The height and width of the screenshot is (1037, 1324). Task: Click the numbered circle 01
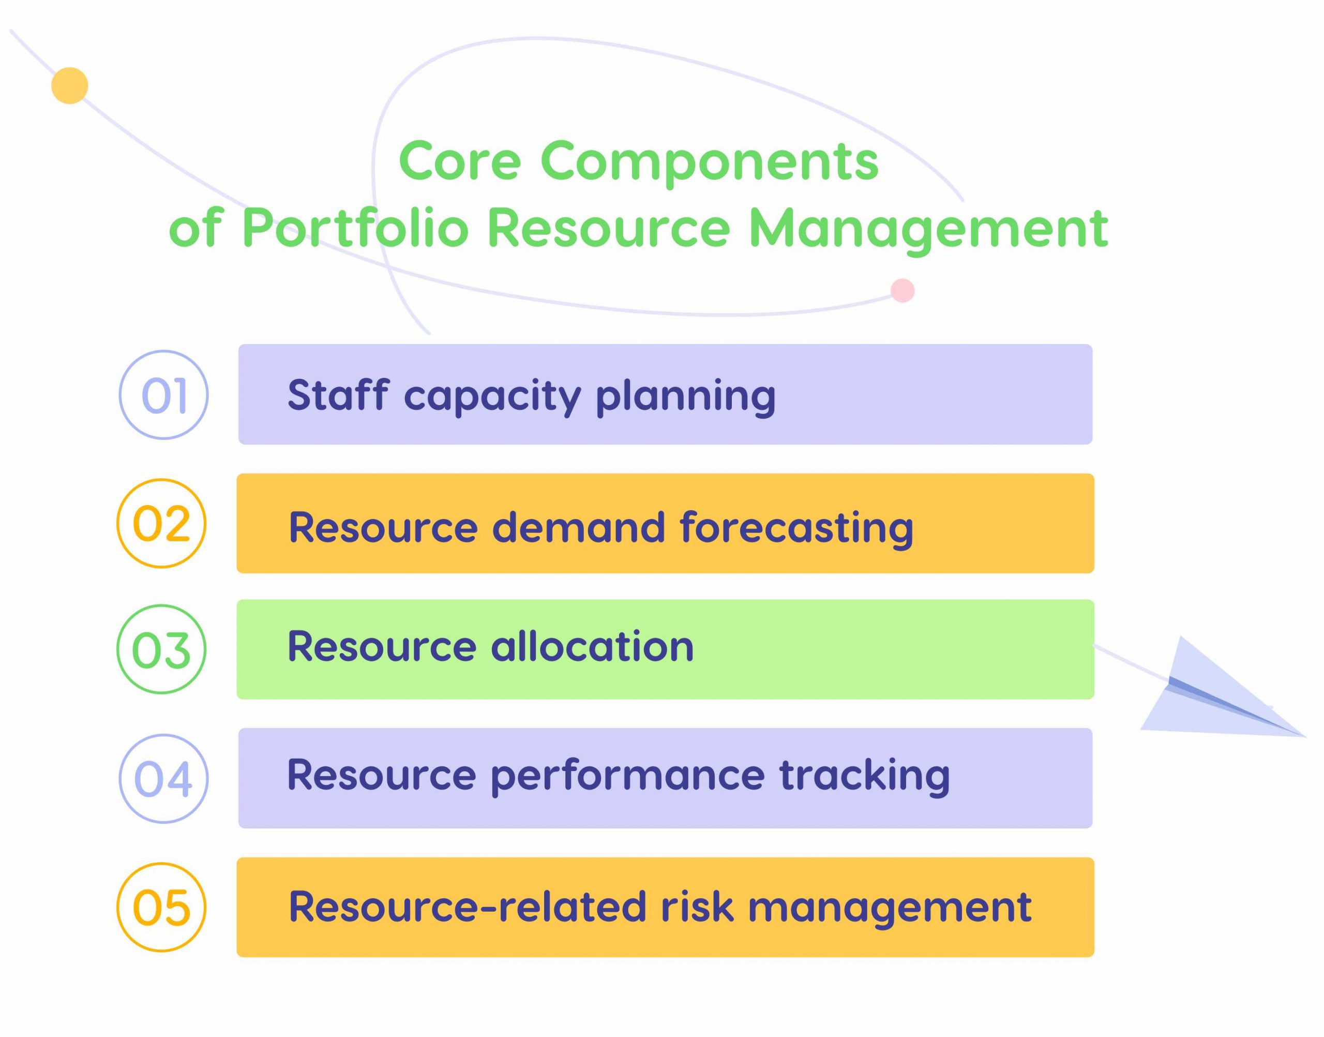click(x=163, y=395)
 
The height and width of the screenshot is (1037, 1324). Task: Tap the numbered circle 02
click(x=161, y=523)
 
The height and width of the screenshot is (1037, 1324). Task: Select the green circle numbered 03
click(x=161, y=649)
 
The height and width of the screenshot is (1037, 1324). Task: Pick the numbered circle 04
click(x=163, y=779)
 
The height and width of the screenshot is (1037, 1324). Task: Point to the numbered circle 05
click(x=161, y=908)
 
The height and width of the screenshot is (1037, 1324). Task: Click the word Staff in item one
click(x=337, y=395)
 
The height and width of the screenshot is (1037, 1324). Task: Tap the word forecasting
click(x=796, y=527)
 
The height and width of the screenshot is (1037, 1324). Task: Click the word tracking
click(x=865, y=776)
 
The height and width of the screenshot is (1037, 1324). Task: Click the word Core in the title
click(x=460, y=161)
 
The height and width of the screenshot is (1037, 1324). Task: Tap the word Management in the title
click(x=928, y=228)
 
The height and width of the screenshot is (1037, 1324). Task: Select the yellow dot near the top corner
click(x=70, y=85)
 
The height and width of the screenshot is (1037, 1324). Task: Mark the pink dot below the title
click(x=902, y=291)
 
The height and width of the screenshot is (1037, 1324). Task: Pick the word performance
click(x=627, y=776)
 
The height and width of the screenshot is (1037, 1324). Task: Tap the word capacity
click(x=493, y=395)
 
